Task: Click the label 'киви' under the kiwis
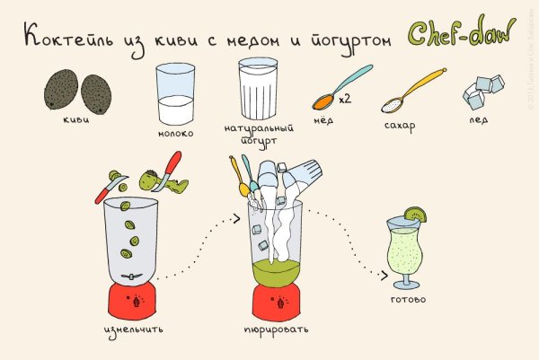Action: tap(74, 117)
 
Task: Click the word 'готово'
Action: tap(409, 299)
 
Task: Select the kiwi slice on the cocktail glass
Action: tap(416, 215)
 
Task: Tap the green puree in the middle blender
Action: tap(275, 266)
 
